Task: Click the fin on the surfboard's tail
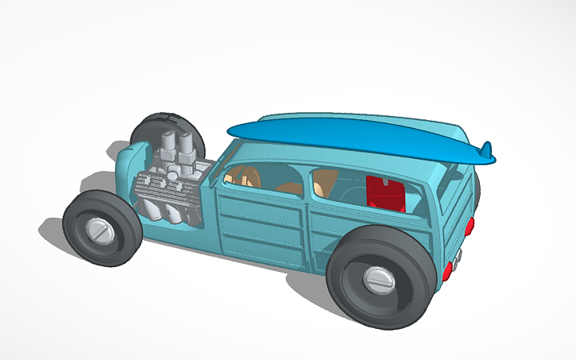point(489,149)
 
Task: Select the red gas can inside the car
point(386,193)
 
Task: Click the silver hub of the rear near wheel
point(378,279)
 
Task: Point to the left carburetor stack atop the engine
point(168,148)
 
